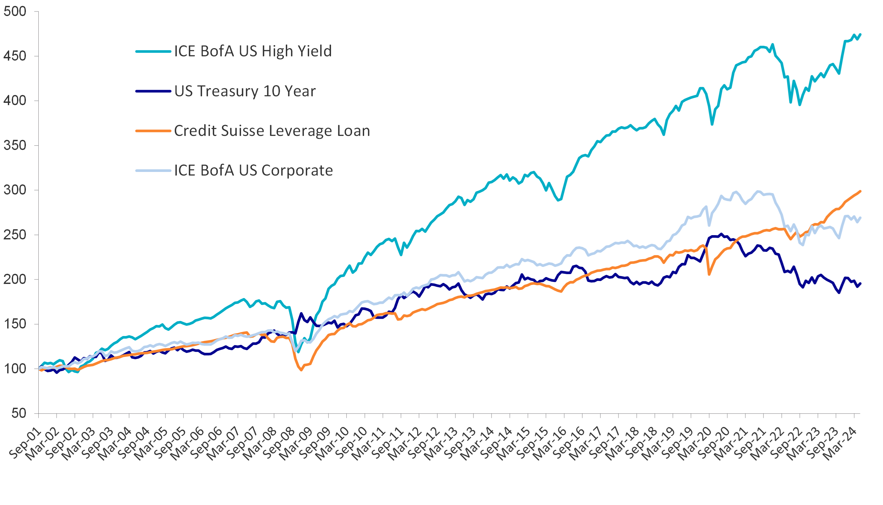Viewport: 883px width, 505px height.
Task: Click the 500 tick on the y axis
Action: coord(14,11)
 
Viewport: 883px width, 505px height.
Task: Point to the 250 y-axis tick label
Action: coord(14,235)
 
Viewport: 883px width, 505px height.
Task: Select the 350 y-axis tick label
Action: coord(14,145)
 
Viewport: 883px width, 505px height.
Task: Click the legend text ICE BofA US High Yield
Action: coord(253,51)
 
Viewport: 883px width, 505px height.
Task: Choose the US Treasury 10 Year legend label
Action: coord(245,91)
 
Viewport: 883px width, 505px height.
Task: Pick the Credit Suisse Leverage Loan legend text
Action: coord(272,131)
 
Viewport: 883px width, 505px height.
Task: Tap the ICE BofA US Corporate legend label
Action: coord(253,170)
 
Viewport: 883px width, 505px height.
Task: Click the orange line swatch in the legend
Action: coord(153,131)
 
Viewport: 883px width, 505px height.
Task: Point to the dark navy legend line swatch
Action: coord(153,91)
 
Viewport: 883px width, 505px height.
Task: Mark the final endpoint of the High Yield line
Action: coord(860,34)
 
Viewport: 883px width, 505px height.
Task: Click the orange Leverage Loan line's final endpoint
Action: coord(860,191)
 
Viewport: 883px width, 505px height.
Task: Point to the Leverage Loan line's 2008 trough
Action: coord(301,370)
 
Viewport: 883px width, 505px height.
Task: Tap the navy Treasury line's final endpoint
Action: coord(860,283)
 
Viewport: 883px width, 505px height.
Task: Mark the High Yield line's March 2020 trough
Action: coord(712,124)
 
